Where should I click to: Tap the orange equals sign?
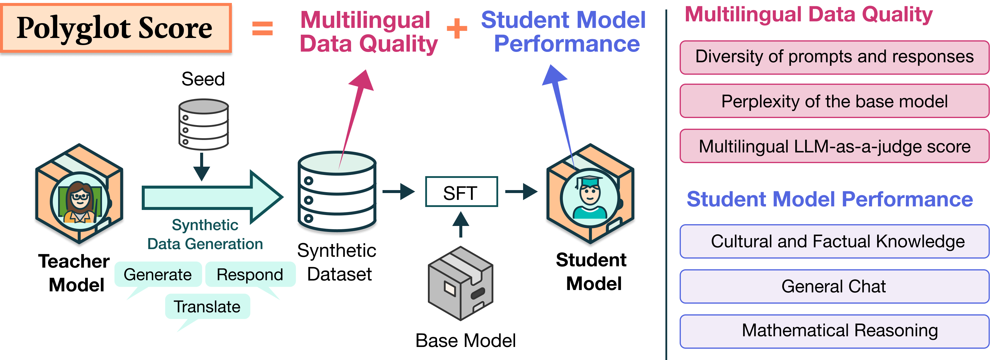click(x=262, y=28)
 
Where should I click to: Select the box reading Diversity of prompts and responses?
click(x=834, y=57)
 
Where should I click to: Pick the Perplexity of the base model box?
click(x=834, y=101)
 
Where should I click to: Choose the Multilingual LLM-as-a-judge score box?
click(x=834, y=146)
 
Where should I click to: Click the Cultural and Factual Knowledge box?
click(x=834, y=242)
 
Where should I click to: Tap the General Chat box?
click(x=834, y=286)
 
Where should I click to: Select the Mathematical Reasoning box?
click(x=834, y=331)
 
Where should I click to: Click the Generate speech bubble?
click(x=158, y=275)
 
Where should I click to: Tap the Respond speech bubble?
click(x=250, y=275)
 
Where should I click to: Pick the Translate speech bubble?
click(x=207, y=307)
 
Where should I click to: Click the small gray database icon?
click(x=204, y=124)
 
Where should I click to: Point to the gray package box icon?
click(x=461, y=283)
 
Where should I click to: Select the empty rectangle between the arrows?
click(x=461, y=192)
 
